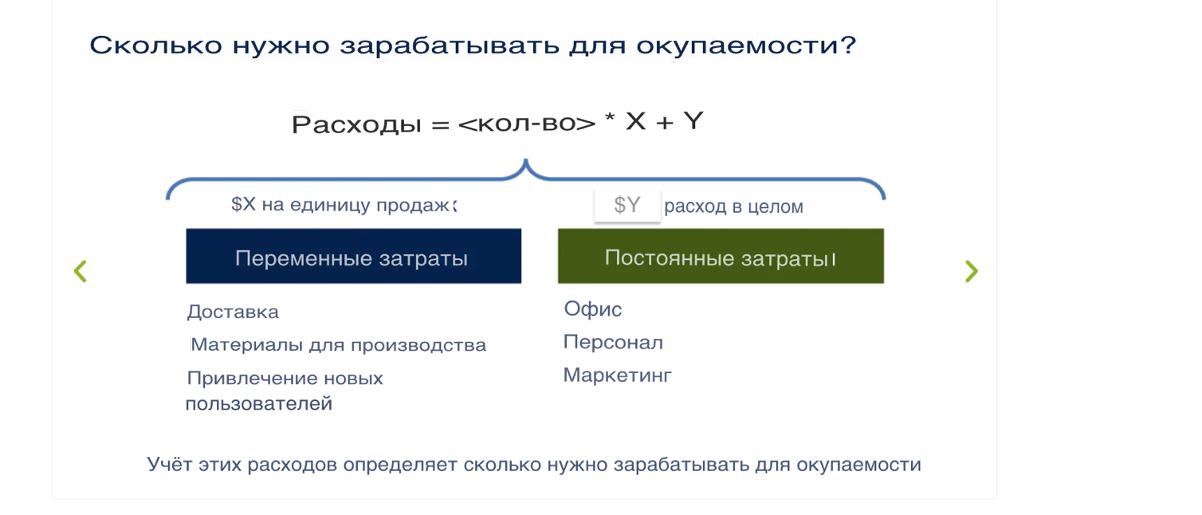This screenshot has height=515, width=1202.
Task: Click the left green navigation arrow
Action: click(x=80, y=271)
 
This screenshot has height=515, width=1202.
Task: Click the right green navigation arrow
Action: click(x=971, y=271)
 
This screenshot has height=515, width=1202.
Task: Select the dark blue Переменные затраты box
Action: click(x=353, y=257)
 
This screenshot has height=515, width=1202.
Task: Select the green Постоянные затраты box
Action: click(x=721, y=256)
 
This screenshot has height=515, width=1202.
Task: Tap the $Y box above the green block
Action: click(x=627, y=206)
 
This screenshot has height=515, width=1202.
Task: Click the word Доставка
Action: click(x=233, y=312)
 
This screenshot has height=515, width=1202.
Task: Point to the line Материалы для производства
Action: click(x=338, y=345)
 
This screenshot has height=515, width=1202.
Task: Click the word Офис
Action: click(x=593, y=309)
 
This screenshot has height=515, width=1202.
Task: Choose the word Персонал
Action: click(x=613, y=343)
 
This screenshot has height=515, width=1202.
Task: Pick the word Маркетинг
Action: click(x=618, y=375)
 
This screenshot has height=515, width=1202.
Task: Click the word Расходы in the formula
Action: click(x=356, y=124)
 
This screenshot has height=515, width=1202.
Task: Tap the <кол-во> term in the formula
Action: click(x=527, y=124)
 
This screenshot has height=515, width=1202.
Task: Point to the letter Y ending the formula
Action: click(x=693, y=121)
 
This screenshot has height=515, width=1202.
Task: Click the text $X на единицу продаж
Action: click(x=343, y=205)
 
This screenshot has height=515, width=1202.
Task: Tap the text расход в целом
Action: click(x=733, y=207)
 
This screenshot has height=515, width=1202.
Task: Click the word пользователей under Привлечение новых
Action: click(x=258, y=404)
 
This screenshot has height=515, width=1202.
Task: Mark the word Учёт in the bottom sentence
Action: click(x=171, y=464)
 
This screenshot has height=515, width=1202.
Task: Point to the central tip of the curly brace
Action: click(x=525, y=163)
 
